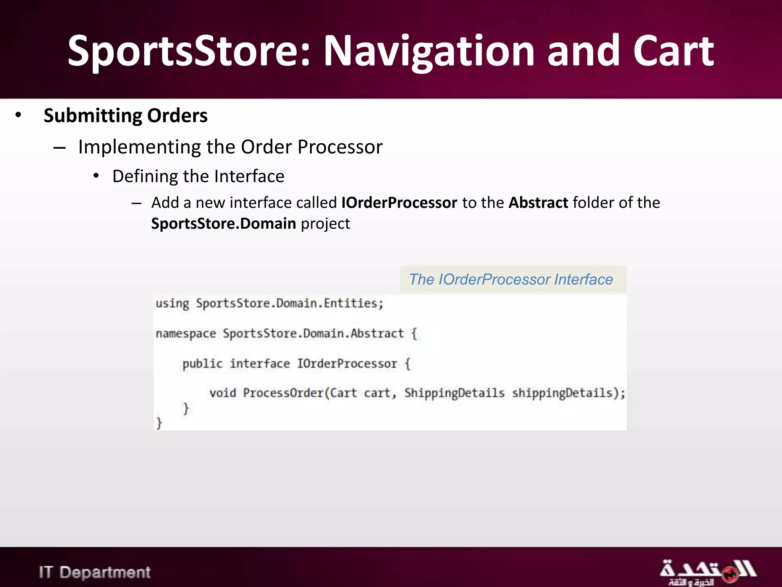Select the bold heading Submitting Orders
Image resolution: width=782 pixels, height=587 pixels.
(125, 116)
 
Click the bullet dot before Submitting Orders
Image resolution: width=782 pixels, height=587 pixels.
(18, 115)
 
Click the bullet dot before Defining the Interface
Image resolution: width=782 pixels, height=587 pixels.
(96, 176)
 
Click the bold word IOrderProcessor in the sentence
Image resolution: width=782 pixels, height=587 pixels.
(399, 203)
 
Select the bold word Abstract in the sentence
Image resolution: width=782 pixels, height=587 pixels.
(538, 203)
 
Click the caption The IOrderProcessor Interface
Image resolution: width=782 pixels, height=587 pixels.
(511, 280)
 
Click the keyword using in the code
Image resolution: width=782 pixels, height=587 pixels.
(172, 304)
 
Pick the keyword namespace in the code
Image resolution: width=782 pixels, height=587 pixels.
(186, 334)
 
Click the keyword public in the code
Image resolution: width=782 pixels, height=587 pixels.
(202, 364)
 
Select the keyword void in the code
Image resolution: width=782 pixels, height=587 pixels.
(223, 393)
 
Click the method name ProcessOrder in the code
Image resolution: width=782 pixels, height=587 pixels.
(283, 393)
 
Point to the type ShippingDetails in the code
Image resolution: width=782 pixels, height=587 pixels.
(454, 393)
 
